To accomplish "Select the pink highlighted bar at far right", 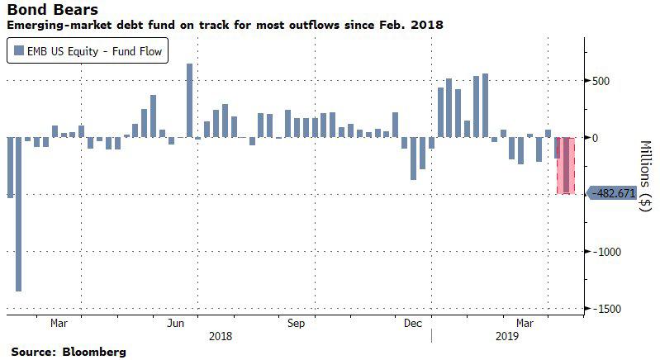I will point(564,165).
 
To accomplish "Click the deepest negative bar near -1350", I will point(18,214).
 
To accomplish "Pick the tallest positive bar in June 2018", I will point(189,100).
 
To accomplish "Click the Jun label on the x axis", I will point(176,323).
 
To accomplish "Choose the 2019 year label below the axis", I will point(505,336).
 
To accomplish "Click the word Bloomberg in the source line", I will point(93,352).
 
